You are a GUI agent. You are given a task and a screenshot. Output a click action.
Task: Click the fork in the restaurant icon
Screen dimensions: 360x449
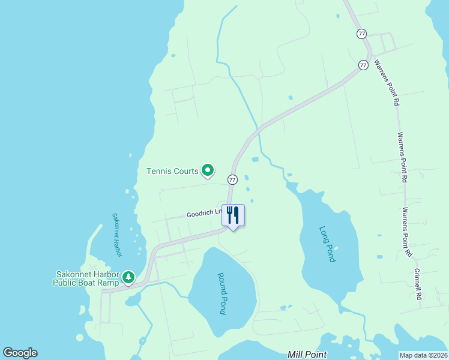229,214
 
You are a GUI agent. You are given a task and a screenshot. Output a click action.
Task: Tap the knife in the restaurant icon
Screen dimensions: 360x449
237,214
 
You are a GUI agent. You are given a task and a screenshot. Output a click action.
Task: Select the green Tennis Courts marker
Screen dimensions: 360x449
208,171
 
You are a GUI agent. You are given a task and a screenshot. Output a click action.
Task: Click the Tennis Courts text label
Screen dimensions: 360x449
172,172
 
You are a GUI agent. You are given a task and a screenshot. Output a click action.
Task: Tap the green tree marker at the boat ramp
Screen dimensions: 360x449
128,278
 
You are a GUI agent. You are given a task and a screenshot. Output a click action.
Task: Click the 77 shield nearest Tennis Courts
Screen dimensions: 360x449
232,179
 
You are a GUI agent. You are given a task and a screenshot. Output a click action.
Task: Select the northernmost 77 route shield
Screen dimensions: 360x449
361,34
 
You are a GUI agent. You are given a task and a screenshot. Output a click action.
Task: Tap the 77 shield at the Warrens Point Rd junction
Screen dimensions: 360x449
364,64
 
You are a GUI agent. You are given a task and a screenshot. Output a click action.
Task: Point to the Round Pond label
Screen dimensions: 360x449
221,293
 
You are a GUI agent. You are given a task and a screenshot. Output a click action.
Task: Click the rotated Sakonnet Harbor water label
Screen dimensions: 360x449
117,235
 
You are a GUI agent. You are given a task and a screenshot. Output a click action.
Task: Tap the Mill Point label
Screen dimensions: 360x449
307,355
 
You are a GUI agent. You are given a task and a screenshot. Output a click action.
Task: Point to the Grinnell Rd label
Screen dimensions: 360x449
418,284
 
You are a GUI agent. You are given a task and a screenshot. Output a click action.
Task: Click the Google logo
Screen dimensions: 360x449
20,353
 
